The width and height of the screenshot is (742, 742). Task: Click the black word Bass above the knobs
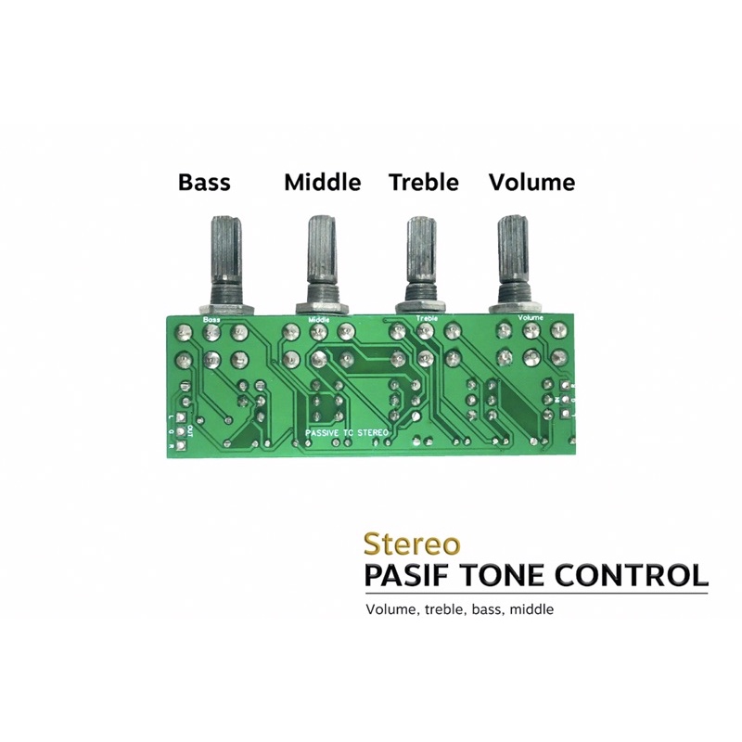click(204, 182)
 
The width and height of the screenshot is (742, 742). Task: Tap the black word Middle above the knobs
click(322, 182)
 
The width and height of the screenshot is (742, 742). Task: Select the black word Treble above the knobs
click(424, 182)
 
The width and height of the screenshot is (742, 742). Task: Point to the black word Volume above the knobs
click(531, 182)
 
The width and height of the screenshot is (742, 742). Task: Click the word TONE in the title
click(515, 574)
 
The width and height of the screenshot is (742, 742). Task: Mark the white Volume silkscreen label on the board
click(531, 318)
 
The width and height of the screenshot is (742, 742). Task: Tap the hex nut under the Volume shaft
click(513, 309)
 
